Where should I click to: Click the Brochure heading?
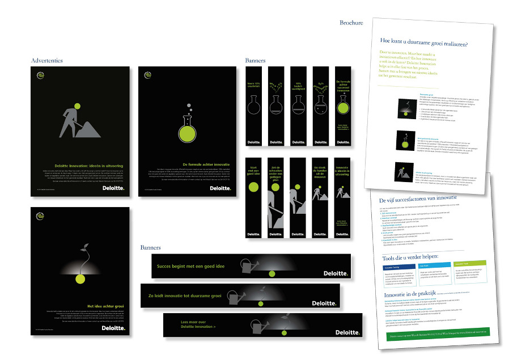coord(351,23)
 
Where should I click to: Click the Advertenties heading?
coord(46,60)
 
